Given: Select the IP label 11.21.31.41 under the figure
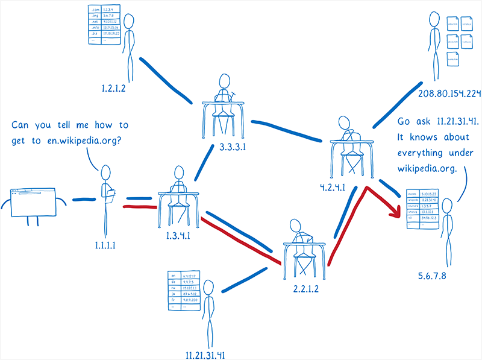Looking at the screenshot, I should [205, 353].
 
